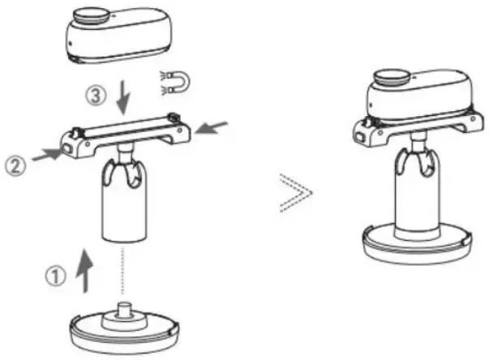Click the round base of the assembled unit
point(414,244)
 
